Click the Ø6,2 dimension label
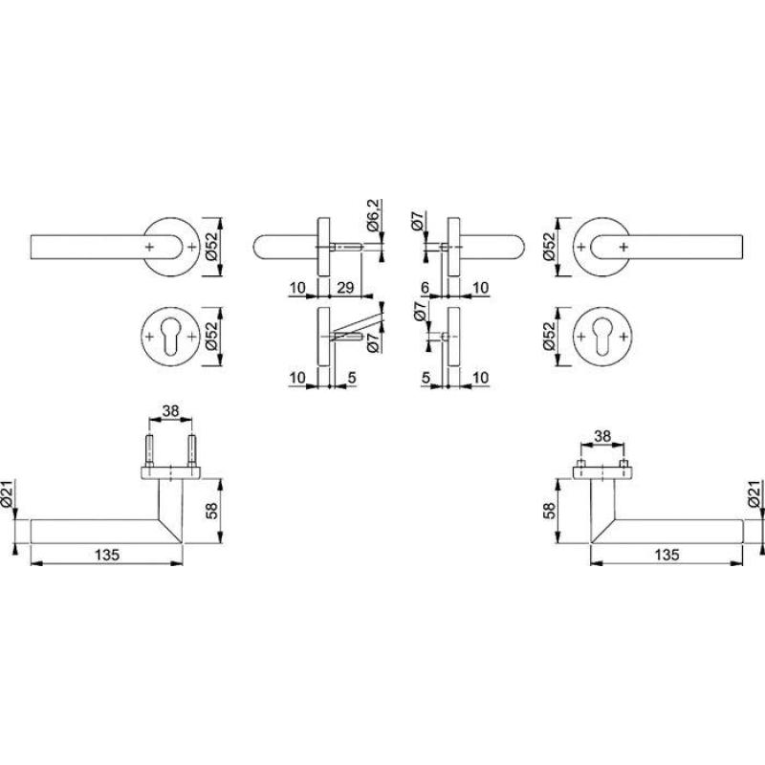[373, 215]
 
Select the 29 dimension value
[345, 288]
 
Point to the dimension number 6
[425, 288]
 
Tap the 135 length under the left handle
[107, 555]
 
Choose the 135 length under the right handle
[667, 555]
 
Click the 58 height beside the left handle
[211, 511]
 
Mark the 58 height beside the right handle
[549, 511]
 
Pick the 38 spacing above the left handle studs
[171, 411]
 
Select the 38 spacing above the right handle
[602, 436]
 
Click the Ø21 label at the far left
[7, 494]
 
